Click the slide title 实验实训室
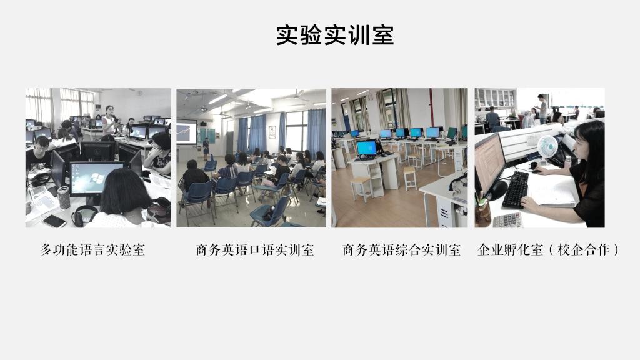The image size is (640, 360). [x=335, y=35]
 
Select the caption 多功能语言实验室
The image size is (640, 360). [x=92, y=250]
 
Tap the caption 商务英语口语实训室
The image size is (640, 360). [x=255, y=250]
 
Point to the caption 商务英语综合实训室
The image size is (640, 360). [x=402, y=250]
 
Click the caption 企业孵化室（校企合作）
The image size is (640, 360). [x=547, y=250]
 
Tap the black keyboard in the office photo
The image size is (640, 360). [x=516, y=189]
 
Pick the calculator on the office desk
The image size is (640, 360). [x=507, y=221]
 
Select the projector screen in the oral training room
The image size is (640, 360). [x=186, y=131]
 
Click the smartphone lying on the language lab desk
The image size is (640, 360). [x=54, y=221]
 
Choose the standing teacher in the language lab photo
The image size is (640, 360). [x=109, y=121]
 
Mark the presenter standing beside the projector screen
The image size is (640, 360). [x=206, y=148]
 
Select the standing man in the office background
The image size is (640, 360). [x=542, y=109]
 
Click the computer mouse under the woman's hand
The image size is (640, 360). [x=536, y=171]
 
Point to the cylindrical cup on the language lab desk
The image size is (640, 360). [x=64, y=197]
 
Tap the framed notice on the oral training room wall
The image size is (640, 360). [x=272, y=132]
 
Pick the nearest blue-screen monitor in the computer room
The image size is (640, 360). [x=367, y=149]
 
